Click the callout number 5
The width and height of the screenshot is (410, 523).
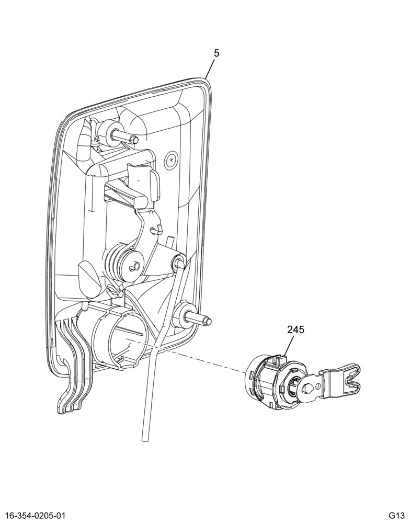[x=217, y=53]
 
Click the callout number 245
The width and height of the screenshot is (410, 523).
[x=295, y=330]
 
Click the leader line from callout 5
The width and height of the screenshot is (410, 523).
[x=210, y=69]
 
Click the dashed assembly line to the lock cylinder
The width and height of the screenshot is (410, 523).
[x=187, y=356]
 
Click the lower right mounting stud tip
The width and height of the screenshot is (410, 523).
[x=209, y=321]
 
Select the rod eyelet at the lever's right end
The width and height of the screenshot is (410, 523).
[x=178, y=260]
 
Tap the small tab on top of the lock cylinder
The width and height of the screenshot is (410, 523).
[x=280, y=360]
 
